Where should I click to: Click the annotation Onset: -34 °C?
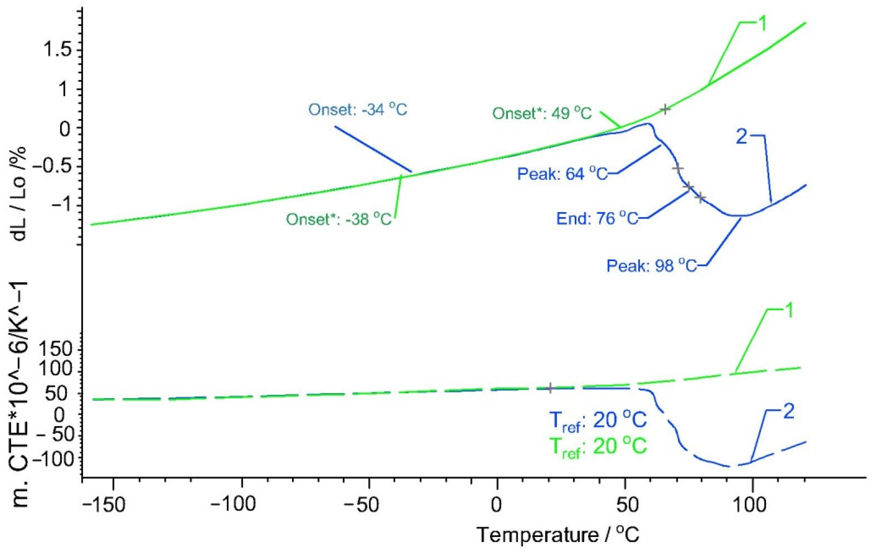[358, 110]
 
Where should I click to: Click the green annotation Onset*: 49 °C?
[542, 114]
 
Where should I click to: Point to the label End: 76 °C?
[597, 219]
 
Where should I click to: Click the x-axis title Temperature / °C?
[558, 535]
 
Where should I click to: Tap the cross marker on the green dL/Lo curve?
[665, 109]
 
